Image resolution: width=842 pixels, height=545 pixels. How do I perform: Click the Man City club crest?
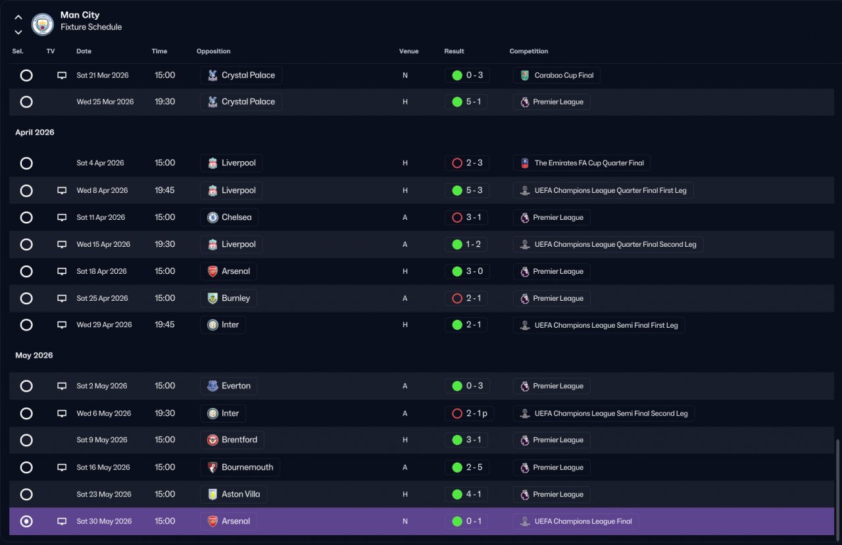(x=43, y=24)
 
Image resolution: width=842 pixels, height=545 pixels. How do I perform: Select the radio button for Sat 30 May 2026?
(x=26, y=521)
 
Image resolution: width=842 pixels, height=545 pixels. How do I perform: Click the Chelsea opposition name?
(x=236, y=217)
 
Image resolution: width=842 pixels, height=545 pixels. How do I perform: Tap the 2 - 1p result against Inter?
(x=476, y=413)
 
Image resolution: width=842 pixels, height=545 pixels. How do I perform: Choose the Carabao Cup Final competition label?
(x=564, y=75)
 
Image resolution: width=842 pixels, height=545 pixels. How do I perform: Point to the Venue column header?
(x=409, y=51)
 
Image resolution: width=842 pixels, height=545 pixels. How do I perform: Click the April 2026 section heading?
(x=35, y=132)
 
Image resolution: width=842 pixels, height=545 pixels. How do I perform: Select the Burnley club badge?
(x=212, y=298)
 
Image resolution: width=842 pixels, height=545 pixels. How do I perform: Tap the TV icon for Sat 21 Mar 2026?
(x=62, y=75)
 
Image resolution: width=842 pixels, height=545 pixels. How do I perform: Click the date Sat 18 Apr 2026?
(x=101, y=271)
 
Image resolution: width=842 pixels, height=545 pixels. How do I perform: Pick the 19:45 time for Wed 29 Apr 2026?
(x=164, y=324)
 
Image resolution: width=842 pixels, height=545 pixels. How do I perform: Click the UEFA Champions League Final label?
(x=583, y=521)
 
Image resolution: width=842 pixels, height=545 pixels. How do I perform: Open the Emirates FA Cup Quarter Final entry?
(x=589, y=163)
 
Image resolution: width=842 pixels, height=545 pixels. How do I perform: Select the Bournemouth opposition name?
(x=247, y=467)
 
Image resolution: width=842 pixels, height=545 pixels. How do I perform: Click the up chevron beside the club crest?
(x=18, y=17)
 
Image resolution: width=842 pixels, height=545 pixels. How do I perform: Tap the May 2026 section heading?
(x=34, y=355)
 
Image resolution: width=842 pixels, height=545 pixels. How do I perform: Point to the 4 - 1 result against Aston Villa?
(x=473, y=494)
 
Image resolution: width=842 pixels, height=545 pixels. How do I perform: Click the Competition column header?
(x=528, y=51)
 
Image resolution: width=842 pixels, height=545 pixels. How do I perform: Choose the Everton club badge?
(x=212, y=386)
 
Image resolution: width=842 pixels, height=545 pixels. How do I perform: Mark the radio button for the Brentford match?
(x=26, y=440)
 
